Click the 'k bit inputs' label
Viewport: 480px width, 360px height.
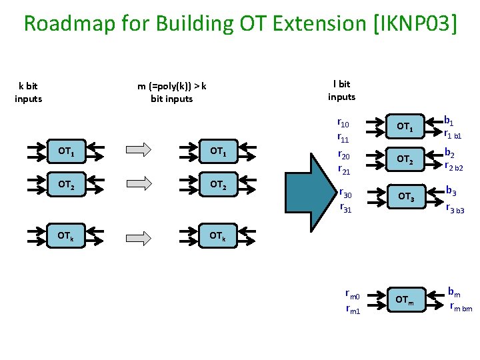28,92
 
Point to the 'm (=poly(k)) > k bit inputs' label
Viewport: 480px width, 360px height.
172,92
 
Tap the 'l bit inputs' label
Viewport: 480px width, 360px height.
341,91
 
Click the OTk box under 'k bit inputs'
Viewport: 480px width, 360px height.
65,237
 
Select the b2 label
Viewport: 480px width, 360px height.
450,153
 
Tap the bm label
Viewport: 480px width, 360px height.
454,291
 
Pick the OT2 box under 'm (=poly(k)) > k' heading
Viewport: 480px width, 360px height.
218,185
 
